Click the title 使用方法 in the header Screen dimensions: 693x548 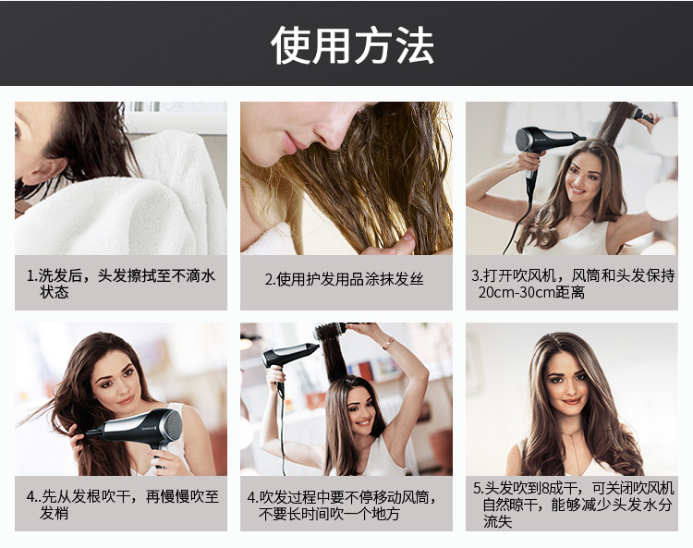352,44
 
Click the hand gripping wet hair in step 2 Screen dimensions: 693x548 400,242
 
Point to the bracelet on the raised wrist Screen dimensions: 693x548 388,343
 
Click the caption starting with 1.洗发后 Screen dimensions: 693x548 120,284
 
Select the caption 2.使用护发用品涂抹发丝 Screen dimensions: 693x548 345,279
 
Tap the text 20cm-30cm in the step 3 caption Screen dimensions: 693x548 513,292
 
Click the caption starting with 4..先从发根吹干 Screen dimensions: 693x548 122,505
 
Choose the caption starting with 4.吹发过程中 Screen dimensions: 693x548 343,505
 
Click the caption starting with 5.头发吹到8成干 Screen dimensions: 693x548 573,505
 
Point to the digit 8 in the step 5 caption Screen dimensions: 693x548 545,488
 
